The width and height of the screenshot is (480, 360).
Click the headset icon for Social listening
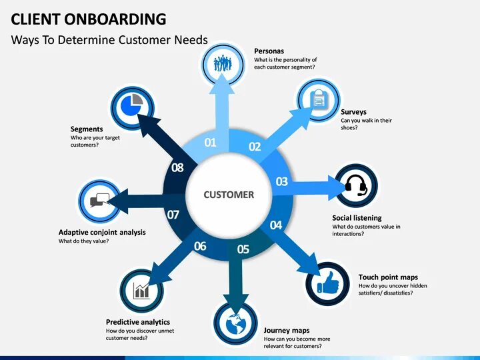[x=356, y=185]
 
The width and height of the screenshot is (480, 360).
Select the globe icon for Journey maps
[x=235, y=325]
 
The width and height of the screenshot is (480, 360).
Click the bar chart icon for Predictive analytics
[x=141, y=290]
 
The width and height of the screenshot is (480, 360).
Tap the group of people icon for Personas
[x=223, y=64]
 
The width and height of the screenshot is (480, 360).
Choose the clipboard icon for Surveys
[x=319, y=100]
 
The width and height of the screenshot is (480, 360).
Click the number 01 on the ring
[x=211, y=142]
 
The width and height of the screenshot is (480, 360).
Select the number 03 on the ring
[x=282, y=181]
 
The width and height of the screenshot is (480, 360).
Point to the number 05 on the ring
[x=243, y=249]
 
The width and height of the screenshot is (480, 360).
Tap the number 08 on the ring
[x=177, y=167]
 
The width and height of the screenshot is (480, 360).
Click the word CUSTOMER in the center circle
[x=229, y=195]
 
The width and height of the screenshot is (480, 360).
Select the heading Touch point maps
[x=388, y=277]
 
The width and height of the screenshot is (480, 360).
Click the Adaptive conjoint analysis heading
[x=102, y=233]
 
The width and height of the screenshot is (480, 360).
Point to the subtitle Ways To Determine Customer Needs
[x=109, y=39]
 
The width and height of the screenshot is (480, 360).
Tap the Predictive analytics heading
[x=138, y=322]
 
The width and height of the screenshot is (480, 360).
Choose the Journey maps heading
[x=287, y=330]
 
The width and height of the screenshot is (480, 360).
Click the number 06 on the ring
[x=200, y=246]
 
